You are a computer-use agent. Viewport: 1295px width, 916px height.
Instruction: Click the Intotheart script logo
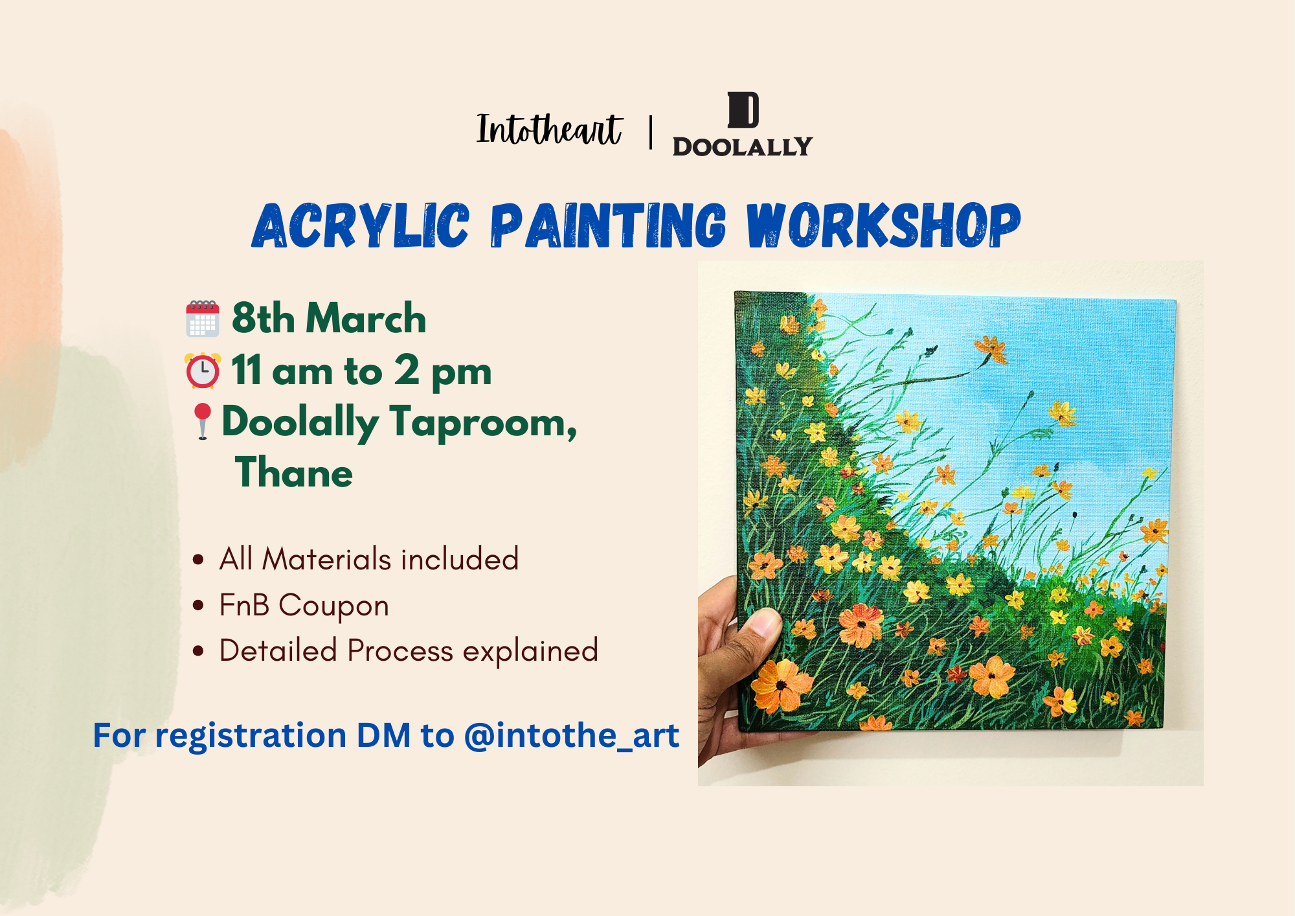point(549,129)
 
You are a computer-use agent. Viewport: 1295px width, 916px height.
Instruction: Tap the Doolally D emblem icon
point(743,110)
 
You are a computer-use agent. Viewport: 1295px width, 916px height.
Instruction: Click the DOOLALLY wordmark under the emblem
point(742,146)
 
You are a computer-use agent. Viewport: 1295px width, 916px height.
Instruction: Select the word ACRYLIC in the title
point(361,225)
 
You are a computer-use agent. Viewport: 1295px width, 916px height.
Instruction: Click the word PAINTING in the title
point(608,225)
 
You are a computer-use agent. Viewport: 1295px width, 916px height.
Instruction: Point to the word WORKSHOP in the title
point(884,225)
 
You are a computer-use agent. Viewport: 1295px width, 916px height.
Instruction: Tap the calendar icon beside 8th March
point(203,319)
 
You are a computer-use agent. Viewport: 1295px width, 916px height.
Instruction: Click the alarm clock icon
point(203,371)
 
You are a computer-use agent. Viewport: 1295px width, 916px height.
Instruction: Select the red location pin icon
point(203,421)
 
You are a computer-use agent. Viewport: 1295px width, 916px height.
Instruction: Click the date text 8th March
point(329,318)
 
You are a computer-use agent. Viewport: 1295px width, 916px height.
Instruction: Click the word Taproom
point(483,422)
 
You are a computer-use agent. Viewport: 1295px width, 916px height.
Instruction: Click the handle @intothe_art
point(572,735)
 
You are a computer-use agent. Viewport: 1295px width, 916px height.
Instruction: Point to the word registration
point(251,737)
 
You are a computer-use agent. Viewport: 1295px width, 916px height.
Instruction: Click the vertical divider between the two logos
point(651,132)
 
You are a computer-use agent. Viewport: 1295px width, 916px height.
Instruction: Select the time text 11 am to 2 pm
point(361,371)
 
